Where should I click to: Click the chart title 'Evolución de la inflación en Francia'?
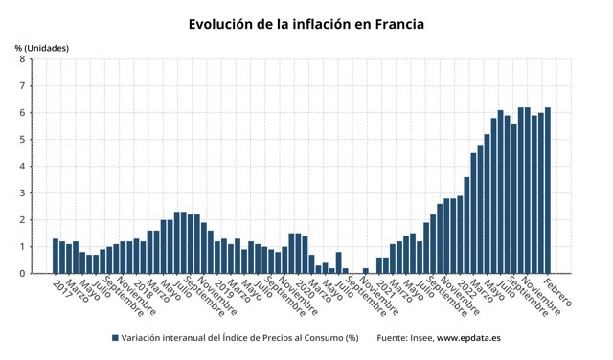tap(306, 23)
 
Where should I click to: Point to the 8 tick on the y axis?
tap(22, 59)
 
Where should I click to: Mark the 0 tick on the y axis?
tap(22, 274)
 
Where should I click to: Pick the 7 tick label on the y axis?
tap(22, 86)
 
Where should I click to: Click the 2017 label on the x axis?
tap(62, 286)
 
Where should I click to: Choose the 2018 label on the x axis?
tap(142, 286)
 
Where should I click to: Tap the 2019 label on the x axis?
tap(223, 286)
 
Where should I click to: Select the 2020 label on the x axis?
tap(303, 286)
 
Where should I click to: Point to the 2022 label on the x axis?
tap(464, 286)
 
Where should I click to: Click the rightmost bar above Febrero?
tap(548, 191)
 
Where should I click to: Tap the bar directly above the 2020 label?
tap(291, 254)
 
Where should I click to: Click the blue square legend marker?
tap(115, 338)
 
